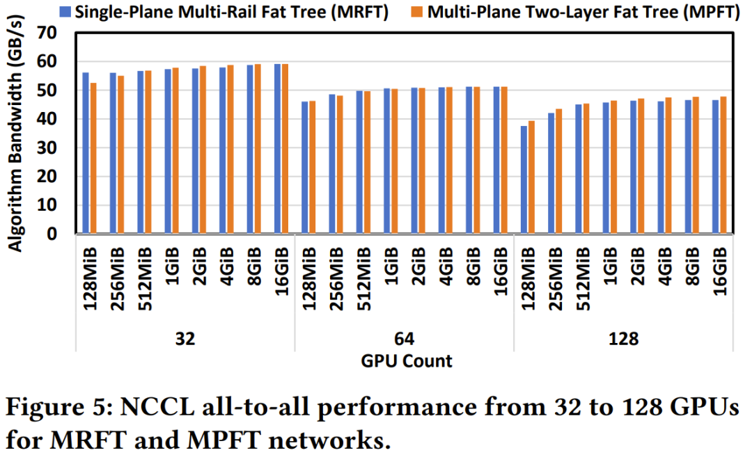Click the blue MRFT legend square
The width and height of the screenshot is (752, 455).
66,12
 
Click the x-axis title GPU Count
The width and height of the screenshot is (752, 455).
407,361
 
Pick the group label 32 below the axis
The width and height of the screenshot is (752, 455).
185,340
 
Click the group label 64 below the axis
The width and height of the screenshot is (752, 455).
404,340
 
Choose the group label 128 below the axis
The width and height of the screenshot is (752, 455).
624,340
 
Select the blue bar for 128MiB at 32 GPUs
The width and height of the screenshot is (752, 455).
86,153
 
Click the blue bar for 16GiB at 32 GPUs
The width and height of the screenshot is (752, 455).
277,149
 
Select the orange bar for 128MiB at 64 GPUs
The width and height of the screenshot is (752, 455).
313,167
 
